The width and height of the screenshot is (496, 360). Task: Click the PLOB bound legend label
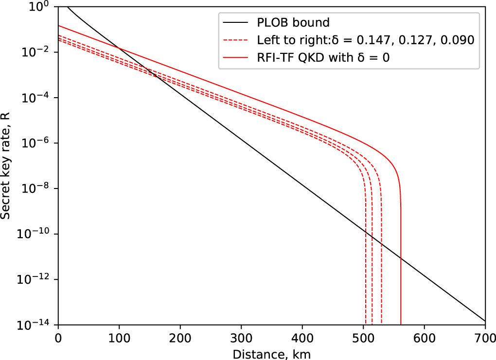pos(293,22)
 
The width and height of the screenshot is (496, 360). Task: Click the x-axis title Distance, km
pos(271,353)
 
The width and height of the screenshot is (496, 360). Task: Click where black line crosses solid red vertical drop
pos(401,257)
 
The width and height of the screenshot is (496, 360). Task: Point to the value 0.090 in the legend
pos(457,40)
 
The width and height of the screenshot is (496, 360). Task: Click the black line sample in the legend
pos(236,22)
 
